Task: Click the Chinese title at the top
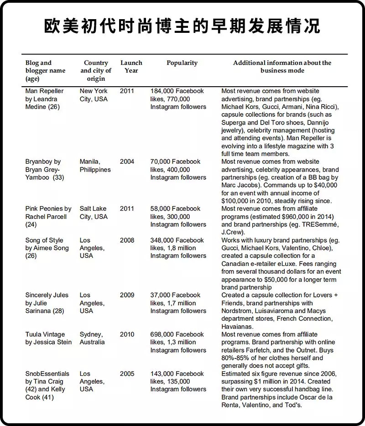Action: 182,27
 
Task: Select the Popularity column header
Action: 182,63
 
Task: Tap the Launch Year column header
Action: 131,67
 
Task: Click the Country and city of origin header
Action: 96,71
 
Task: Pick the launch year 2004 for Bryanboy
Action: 127,162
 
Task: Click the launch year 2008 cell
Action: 127,240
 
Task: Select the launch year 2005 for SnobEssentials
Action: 127,374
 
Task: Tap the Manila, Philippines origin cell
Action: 95,166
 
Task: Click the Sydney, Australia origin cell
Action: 92,338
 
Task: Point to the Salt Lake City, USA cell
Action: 94,213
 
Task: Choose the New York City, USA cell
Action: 94,95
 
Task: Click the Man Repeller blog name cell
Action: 45,99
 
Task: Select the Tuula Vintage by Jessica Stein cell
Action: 48,338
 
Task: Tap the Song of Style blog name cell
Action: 47,248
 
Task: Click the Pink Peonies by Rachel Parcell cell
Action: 48,217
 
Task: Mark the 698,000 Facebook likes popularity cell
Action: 178,342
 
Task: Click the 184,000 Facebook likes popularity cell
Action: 178,99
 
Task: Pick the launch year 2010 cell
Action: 127,335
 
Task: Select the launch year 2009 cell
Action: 127,295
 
